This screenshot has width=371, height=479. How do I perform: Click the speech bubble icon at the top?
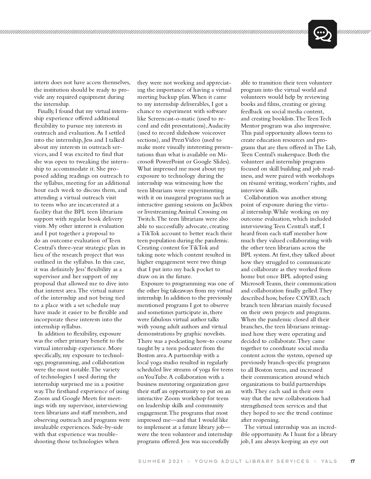tap(322, 34)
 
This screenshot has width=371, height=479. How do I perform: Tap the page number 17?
tap(352, 461)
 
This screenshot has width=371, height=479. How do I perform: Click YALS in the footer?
tap(329, 461)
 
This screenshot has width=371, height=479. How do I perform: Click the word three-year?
tap(65, 248)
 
